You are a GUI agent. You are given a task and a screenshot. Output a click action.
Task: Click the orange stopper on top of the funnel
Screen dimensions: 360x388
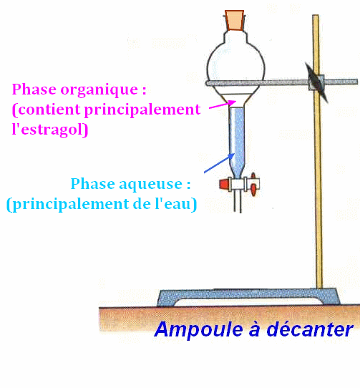(234, 20)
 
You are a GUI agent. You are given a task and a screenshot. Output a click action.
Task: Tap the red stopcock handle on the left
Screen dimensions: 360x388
(224, 184)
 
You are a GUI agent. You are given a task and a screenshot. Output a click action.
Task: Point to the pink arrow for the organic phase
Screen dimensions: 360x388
(223, 105)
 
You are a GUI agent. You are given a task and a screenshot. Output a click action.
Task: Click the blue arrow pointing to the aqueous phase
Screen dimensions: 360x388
(219, 163)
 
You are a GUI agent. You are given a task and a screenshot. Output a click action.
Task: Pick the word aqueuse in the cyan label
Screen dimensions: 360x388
(151, 185)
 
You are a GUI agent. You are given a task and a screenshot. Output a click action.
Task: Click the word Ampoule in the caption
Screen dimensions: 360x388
(198, 330)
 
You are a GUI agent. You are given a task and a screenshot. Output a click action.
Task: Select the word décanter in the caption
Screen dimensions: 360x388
(310, 329)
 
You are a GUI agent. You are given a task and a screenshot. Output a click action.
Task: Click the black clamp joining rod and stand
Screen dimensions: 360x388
(316, 82)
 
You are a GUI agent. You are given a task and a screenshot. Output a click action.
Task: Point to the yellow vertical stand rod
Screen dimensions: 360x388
(318, 152)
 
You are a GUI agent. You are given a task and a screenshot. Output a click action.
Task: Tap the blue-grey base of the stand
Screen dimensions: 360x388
(248, 297)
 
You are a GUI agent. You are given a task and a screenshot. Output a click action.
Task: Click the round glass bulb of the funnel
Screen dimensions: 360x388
(235, 69)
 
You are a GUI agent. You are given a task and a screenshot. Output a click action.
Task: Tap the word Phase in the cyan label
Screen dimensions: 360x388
(93, 184)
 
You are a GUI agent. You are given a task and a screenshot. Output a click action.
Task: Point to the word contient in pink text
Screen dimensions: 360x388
(49, 110)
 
